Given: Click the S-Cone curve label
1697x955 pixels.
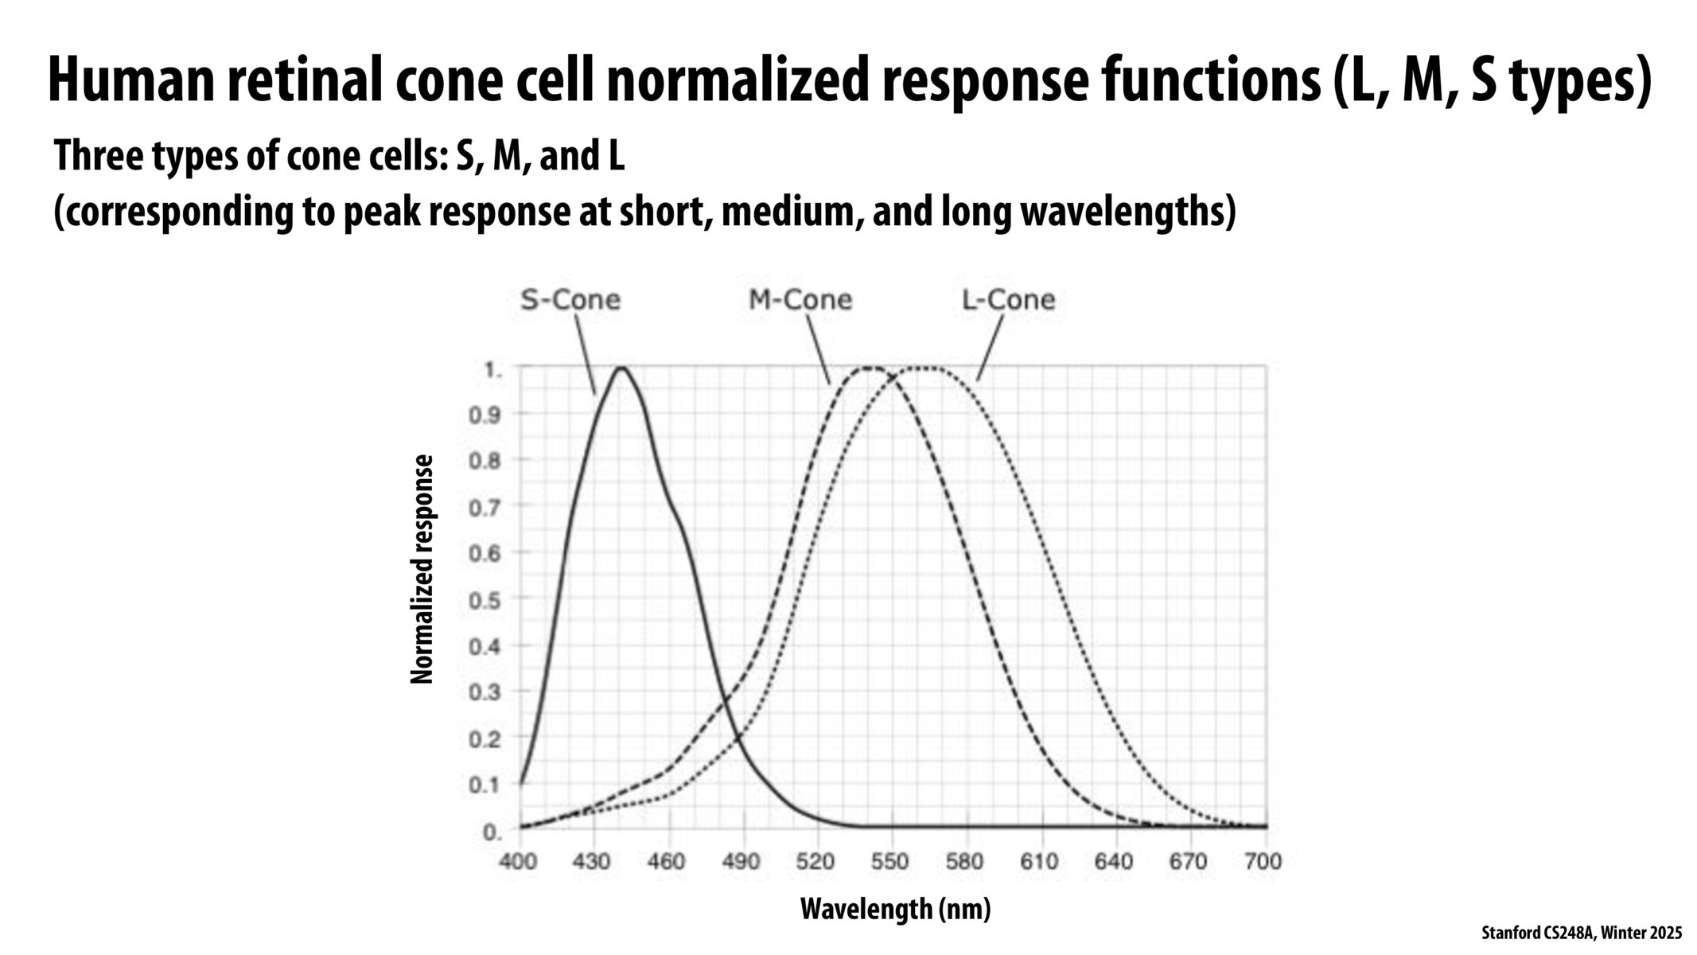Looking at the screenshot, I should pos(570,300).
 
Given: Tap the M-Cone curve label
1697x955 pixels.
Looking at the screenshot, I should pos(800,300).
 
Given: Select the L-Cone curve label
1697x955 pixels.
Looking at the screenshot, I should pos(1008,300).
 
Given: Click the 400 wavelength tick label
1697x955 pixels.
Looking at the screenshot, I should pos(518,862).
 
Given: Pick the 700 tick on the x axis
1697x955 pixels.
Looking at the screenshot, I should pos(1263,862).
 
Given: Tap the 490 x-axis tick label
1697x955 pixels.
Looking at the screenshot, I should pos(741,862).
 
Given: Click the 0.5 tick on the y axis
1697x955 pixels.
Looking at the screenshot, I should pos(484,599).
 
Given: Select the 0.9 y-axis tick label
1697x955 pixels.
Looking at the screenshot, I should pos(484,414).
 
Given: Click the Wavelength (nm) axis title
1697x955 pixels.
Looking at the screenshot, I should pos(895,908).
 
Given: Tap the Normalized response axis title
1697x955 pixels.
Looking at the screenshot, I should pos(422,569).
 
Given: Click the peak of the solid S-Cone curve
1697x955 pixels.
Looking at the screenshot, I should pos(621,368).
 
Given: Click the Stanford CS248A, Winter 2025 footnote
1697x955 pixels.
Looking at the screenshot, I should pos(1582,933).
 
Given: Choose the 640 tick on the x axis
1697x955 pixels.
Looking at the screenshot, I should pos(1113,862).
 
